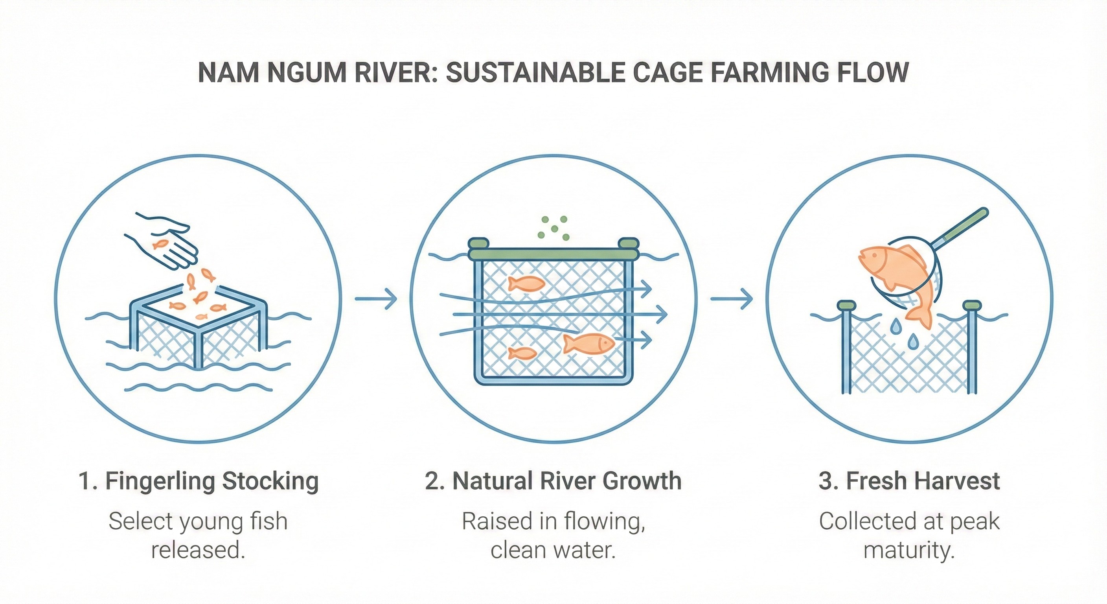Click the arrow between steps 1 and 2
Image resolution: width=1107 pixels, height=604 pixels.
coord(376,298)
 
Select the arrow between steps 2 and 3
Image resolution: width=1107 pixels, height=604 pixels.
coord(732,298)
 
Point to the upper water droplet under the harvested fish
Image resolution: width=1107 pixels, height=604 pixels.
coord(895,326)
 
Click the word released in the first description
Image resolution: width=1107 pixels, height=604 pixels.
coord(198,550)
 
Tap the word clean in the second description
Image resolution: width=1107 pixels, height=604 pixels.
coord(517,550)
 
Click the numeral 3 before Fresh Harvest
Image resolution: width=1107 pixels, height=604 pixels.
coord(826,481)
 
